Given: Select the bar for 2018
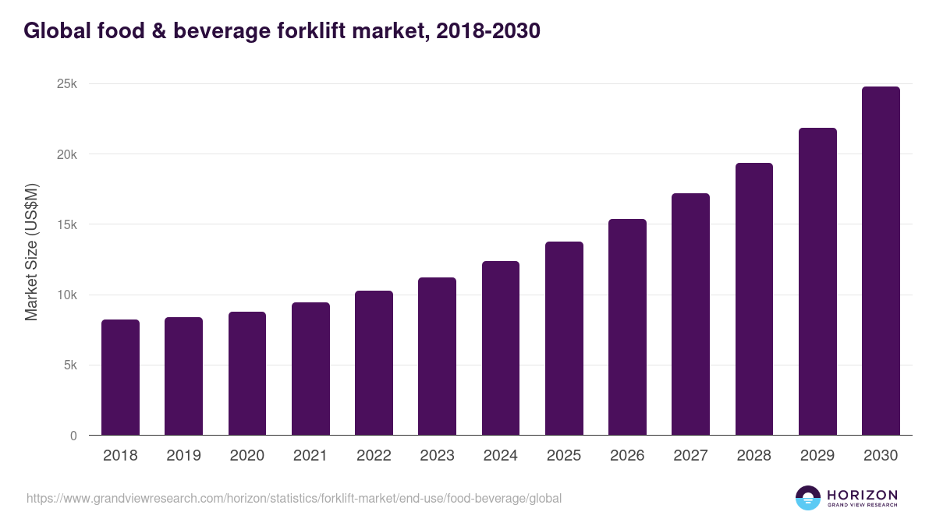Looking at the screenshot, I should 120,377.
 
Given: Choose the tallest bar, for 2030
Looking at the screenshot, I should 881,261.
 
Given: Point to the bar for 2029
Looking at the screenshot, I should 817,281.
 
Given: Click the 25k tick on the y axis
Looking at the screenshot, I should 67,84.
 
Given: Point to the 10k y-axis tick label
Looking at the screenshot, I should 67,295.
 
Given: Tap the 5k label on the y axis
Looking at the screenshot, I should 69,365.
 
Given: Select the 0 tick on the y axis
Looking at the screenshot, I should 73,436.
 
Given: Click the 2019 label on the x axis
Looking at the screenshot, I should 183,456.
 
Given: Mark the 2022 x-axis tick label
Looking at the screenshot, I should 374,456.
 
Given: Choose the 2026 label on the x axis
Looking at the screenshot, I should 627,456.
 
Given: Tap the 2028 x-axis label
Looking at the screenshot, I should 753,456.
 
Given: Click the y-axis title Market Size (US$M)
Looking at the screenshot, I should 31,252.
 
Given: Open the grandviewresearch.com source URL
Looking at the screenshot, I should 293,498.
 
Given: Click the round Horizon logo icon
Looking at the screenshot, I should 808,498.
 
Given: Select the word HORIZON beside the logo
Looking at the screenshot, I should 862,495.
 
